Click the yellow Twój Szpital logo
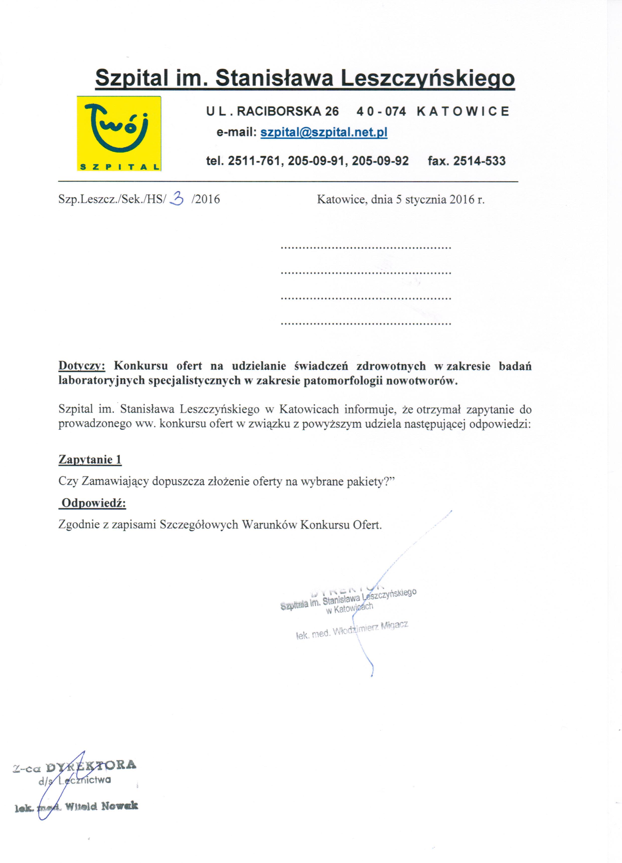(119, 133)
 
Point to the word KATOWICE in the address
(463, 111)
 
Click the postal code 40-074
(381, 111)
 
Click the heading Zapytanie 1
(90, 460)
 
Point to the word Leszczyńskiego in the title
(428, 78)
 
